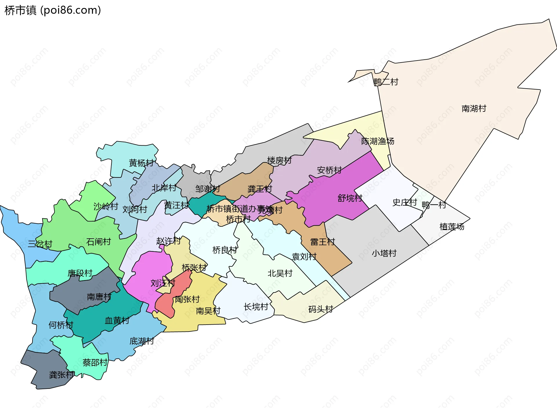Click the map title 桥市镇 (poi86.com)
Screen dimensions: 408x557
coord(53,10)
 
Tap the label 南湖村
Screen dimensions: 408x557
coord(474,109)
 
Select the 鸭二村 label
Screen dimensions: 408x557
coord(386,82)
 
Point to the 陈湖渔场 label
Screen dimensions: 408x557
coord(377,141)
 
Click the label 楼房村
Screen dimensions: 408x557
coord(279,160)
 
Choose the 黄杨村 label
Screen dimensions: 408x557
coord(141,163)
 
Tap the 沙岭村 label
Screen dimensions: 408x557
coord(106,206)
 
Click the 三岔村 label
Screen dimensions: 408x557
coord(40,244)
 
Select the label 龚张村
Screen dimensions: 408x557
coord(62,375)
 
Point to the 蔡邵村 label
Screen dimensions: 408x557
coord(95,363)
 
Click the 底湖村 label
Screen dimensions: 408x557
coord(142,341)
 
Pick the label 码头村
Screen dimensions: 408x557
coord(321,309)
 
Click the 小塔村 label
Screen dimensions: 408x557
coord(384,253)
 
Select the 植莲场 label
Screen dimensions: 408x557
coord(452,227)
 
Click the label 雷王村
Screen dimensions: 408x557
coord(322,242)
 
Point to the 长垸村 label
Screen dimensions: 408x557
coord(256,307)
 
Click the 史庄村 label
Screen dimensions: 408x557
coord(404,202)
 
